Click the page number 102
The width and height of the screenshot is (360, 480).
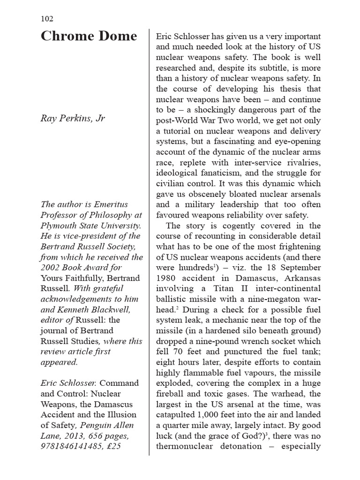click(x=47, y=19)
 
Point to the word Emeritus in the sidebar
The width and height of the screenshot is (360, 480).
click(x=111, y=204)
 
